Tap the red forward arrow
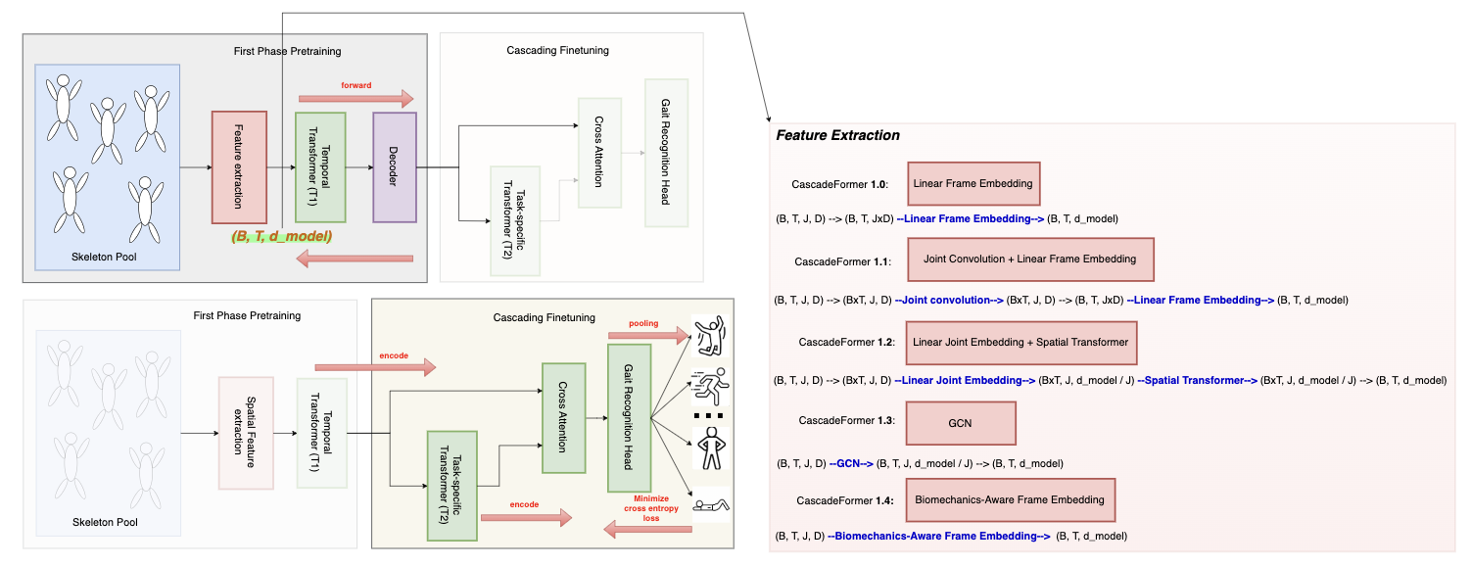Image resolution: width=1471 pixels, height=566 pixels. click(356, 98)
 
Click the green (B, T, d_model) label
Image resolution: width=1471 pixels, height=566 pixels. click(281, 236)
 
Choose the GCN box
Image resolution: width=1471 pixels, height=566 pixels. click(961, 423)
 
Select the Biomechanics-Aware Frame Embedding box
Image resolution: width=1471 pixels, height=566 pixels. click(1009, 499)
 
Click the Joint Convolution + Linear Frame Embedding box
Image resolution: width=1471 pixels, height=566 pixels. click(1029, 259)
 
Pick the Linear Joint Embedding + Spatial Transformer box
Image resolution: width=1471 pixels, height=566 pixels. click(1020, 342)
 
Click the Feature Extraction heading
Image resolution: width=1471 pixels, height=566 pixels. click(837, 135)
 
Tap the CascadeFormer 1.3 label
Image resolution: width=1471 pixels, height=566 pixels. click(845, 421)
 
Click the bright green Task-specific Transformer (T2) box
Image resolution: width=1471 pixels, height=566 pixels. click(451, 485)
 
